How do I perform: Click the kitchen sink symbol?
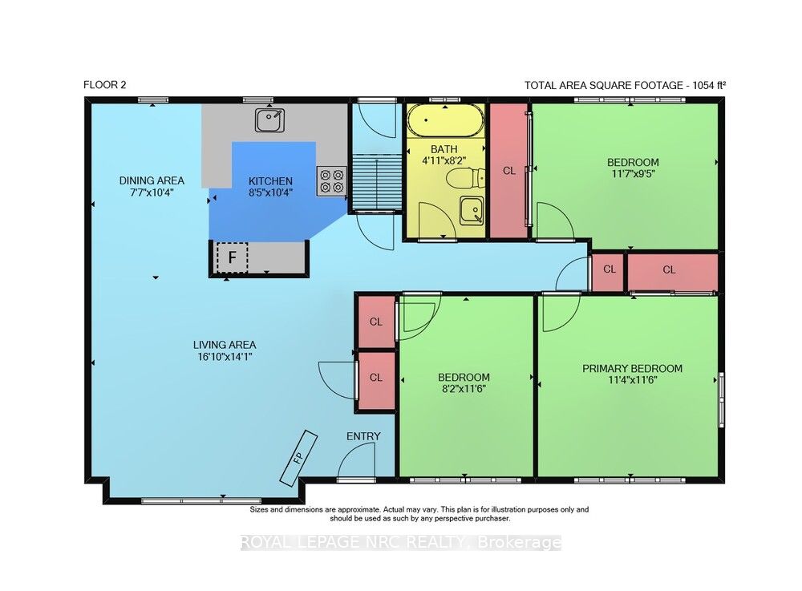(x=269, y=120)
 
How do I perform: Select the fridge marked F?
(x=232, y=257)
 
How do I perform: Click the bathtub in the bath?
(x=445, y=120)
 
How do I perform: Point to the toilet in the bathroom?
(x=465, y=178)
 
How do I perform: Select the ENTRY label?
(x=363, y=436)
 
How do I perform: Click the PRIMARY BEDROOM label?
(x=632, y=369)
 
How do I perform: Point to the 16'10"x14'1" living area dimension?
(x=225, y=356)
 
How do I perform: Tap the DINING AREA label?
(x=152, y=180)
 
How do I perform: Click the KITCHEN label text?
(x=270, y=181)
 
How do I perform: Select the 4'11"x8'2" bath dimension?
(x=444, y=160)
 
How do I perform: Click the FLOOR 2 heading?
(x=104, y=85)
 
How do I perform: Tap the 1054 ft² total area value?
(x=709, y=85)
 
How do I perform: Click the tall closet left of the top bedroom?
(x=509, y=171)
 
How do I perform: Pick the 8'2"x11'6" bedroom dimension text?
(x=464, y=389)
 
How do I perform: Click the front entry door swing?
(x=357, y=461)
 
